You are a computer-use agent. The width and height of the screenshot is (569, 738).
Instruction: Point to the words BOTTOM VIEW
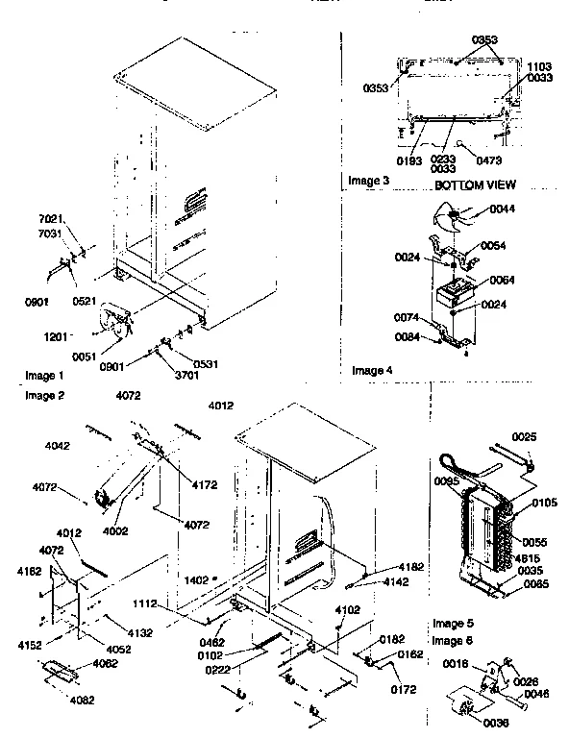475,184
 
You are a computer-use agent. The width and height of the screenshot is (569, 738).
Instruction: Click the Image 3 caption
369,181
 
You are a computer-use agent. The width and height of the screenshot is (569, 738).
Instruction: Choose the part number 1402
197,579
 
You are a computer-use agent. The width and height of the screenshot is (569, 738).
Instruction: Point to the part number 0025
525,438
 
